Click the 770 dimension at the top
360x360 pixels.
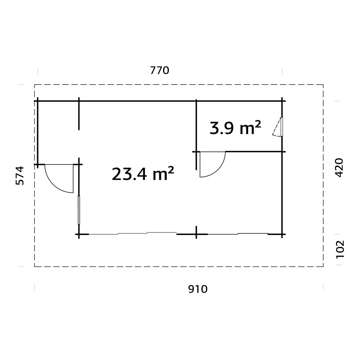point(159,71)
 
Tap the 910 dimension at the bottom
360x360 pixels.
point(198,289)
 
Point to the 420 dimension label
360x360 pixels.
point(339,168)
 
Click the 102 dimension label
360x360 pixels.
point(340,249)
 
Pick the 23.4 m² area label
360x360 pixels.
point(143,174)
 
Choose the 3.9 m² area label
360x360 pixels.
point(235,128)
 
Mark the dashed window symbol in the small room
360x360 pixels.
point(278,127)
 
